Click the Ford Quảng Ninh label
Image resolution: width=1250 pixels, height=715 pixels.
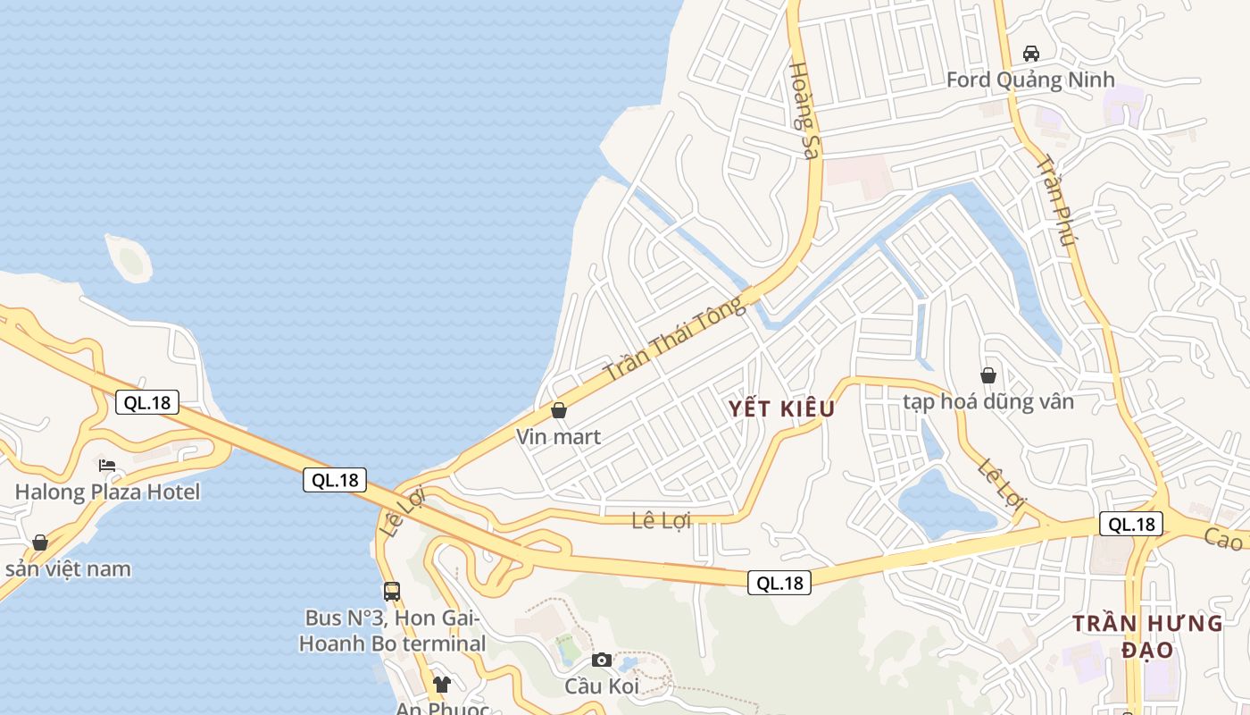pyautogui.click(x=1030, y=80)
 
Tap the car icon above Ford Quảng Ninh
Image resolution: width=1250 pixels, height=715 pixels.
pyautogui.click(x=1031, y=53)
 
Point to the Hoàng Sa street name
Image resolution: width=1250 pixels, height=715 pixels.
pyautogui.click(x=804, y=110)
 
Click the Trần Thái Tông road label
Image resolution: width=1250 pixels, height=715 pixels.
pyautogui.click(x=674, y=339)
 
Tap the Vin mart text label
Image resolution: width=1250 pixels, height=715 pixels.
pyautogui.click(x=559, y=437)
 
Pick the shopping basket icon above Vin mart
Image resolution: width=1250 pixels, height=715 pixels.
pyautogui.click(x=559, y=410)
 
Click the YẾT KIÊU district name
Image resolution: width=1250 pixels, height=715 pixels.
pyautogui.click(x=781, y=409)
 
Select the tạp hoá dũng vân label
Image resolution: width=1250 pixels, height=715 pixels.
pyautogui.click(x=988, y=402)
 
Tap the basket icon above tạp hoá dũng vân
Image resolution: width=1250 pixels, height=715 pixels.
pyautogui.click(x=988, y=375)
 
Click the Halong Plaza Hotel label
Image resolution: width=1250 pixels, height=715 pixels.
pyautogui.click(x=107, y=492)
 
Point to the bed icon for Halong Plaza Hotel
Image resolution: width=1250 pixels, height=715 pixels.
pyautogui.click(x=107, y=466)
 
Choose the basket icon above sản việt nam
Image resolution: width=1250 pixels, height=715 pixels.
pyautogui.click(x=39, y=543)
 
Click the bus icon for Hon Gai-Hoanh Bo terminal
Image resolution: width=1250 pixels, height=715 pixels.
pyautogui.click(x=392, y=591)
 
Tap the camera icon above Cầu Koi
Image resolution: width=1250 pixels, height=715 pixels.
pyautogui.click(x=602, y=660)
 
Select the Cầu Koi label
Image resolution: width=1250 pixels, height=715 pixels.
pyautogui.click(x=602, y=686)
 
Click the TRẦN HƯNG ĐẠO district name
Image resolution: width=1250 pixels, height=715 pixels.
pyautogui.click(x=1147, y=636)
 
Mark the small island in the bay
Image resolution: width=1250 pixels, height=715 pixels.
pyautogui.click(x=129, y=258)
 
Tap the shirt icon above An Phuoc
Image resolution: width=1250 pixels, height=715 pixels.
pyautogui.click(x=441, y=685)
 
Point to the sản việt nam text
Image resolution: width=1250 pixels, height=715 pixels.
pyautogui.click(x=68, y=569)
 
